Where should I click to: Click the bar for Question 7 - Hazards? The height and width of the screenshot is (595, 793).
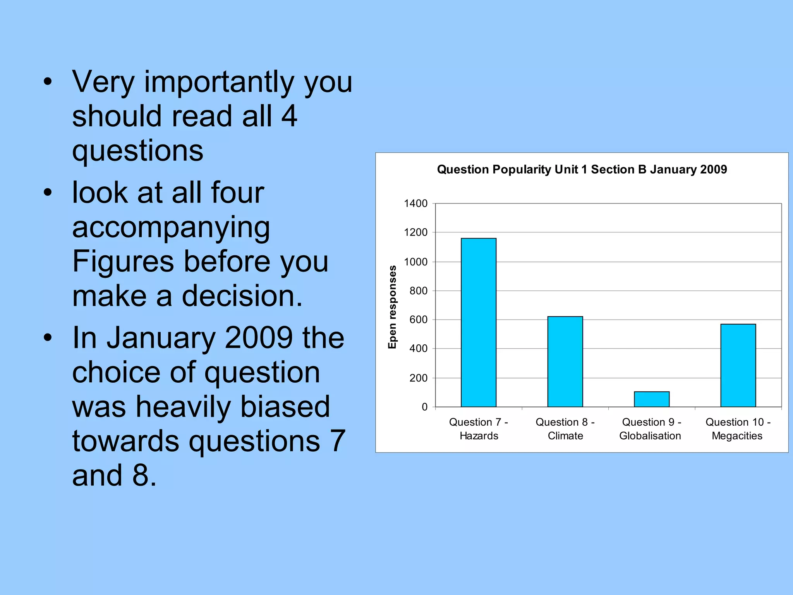pyautogui.click(x=478, y=322)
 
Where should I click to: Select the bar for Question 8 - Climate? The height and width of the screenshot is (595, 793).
pyautogui.click(x=565, y=361)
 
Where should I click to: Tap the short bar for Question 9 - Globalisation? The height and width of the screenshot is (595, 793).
pyautogui.click(x=651, y=399)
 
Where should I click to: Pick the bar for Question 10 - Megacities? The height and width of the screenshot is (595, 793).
pyautogui.click(x=738, y=365)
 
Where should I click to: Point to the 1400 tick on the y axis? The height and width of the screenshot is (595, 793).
pyautogui.click(x=415, y=203)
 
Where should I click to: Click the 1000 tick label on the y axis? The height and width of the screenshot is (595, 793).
pyautogui.click(x=415, y=262)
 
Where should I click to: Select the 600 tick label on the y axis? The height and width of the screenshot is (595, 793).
pyautogui.click(x=418, y=320)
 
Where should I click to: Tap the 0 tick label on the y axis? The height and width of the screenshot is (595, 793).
pyautogui.click(x=424, y=407)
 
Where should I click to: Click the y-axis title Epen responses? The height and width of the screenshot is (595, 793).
pyautogui.click(x=392, y=307)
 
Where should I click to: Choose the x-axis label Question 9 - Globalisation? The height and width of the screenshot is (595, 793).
pyautogui.click(x=651, y=429)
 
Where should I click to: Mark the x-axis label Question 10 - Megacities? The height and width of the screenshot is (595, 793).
pyautogui.click(x=738, y=429)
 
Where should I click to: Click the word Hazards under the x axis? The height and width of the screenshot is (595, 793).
pyautogui.click(x=479, y=436)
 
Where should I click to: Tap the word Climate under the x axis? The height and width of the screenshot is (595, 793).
pyautogui.click(x=565, y=436)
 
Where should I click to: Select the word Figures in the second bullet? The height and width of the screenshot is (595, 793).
pyautogui.click(x=123, y=261)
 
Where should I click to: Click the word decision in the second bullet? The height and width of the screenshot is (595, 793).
pyautogui.click(x=242, y=296)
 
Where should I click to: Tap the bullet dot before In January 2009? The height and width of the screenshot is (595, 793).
pyautogui.click(x=48, y=337)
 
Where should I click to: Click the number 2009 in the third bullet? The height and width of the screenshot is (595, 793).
pyautogui.click(x=259, y=338)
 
